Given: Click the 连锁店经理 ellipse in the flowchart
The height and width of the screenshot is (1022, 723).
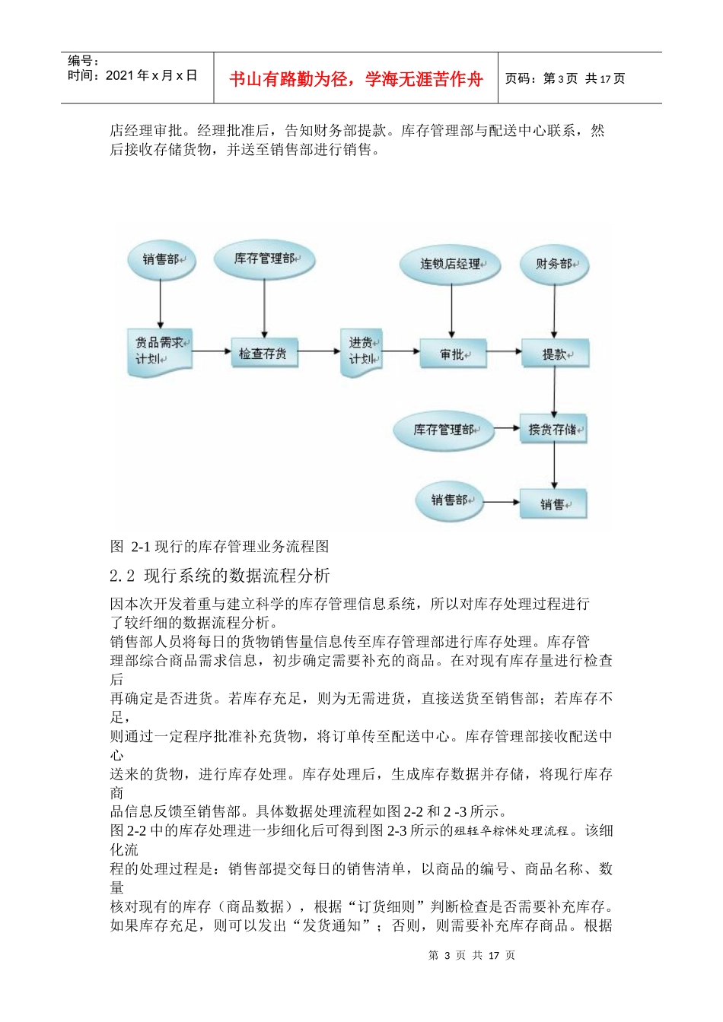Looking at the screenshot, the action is click(x=451, y=265).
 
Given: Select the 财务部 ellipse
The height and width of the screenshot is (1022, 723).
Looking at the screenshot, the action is click(x=554, y=264).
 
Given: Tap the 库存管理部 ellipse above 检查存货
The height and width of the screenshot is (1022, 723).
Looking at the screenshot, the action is click(x=264, y=259).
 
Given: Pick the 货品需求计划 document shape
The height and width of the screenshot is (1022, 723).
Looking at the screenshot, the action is click(x=159, y=352).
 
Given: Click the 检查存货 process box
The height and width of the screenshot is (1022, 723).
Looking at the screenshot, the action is click(x=263, y=354).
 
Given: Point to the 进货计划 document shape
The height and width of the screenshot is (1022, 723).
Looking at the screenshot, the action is click(x=361, y=352).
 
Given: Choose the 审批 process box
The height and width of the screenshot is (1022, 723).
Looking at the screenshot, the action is click(x=453, y=354).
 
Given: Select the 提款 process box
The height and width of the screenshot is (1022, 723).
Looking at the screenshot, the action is click(x=555, y=354).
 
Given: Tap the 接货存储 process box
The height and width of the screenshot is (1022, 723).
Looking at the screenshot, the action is click(x=553, y=430).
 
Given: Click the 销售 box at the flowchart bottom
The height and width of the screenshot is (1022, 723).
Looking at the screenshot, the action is click(x=553, y=503).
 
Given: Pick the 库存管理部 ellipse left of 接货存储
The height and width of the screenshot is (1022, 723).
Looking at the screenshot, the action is click(x=444, y=430).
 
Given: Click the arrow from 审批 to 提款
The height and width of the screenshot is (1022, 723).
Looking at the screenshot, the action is click(x=504, y=351).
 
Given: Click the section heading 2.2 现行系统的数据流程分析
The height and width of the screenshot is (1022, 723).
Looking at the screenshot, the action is click(x=220, y=576).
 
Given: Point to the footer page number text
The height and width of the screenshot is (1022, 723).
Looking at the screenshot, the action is click(x=472, y=955).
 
